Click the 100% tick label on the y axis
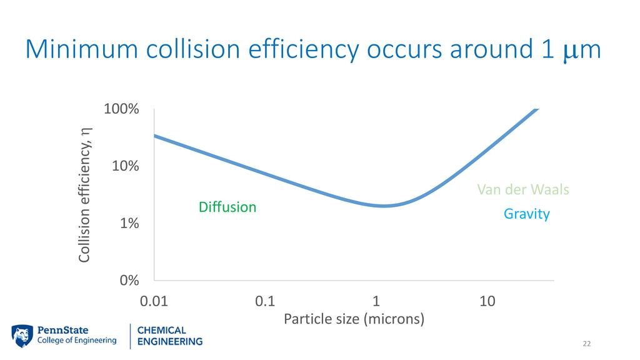pyautogui.click(x=121, y=109)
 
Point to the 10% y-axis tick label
pyautogui.click(x=125, y=166)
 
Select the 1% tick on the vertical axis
pyautogui.click(x=129, y=223)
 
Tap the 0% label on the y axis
pyautogui.click(x=129, y=280)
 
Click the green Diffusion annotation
pyautogui.click(x=227, y=207)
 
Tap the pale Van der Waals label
pyautogui.click(x=523, y=189)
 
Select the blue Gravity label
pyautogui.click(x=527, y=214)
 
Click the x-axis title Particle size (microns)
pyautogui.click(x=354, y=319)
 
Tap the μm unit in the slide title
pyautogui.click(x=581, y=51)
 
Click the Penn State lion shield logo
pyautogui.click(x=22, y=336)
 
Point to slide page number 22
pyautogui.click(x=586, y=344)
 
